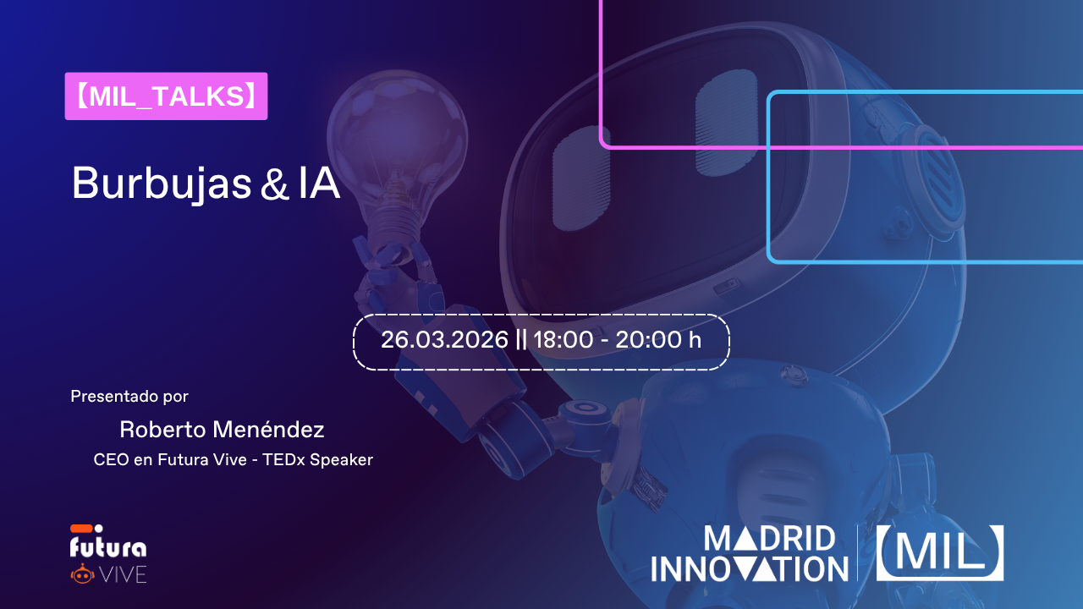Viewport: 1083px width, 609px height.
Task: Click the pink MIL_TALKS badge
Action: click(x=166, y=96)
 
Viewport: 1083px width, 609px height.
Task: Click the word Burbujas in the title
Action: click(x=162, y=184)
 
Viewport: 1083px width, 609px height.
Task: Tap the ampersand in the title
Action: click(x=274, y=184)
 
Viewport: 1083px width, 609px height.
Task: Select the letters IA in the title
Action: click(x=319, y=183)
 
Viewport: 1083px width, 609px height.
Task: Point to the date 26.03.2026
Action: click(x=444, y=340)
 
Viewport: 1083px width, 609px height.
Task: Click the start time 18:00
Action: click(x=563, y=340)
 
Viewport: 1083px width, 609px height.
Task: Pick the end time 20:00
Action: click(x=645, y=340)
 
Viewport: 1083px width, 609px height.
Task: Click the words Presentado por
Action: click(x=129, y=397)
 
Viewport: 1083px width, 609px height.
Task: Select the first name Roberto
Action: click(x=162, y=429)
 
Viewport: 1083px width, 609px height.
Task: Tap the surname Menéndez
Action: click(x=268, y=429)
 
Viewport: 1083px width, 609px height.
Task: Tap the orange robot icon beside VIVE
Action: click(x=83, y=573)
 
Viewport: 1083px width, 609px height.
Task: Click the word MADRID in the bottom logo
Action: click(x=770, y=539)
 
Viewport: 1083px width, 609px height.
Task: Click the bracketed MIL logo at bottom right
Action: click(x=940, y=553)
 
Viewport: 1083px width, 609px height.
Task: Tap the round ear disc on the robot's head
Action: click(x=933, y=184)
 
